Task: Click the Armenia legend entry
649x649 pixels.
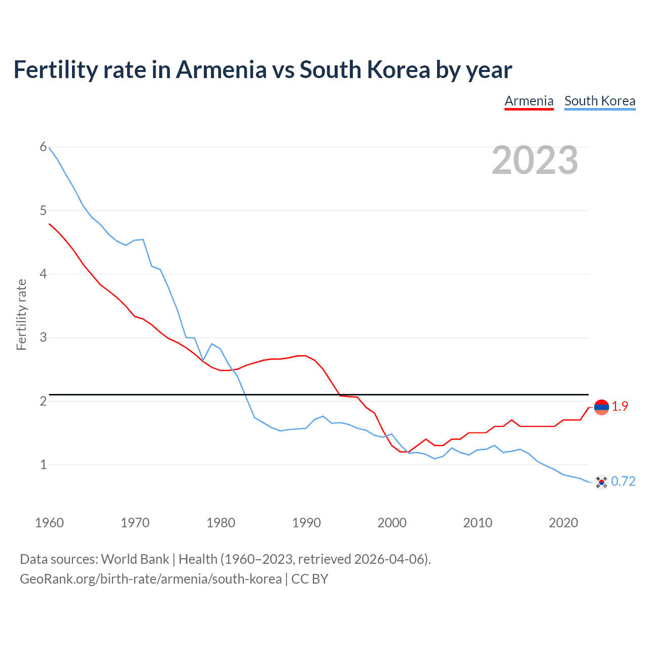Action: (529, 101)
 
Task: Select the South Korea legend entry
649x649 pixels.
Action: (600, 101)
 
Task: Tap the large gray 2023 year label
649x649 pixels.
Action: (535, 161)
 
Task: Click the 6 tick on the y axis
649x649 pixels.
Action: (43, 147)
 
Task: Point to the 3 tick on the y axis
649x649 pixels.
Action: (43, 337)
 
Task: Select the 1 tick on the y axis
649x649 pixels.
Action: (43, 464)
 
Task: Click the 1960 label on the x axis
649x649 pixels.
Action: (49, 523)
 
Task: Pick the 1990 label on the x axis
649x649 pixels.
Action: (306, 523)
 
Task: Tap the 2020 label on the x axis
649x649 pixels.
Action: (563, 523)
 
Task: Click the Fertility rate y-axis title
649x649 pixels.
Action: (21, 314)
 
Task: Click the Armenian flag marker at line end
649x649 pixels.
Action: (601, 407)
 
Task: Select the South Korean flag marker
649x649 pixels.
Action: (601, 482)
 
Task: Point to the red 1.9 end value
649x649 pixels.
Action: (620, 407)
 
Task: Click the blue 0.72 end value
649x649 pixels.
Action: (623, 482)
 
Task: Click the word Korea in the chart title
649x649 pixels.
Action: (399, 69)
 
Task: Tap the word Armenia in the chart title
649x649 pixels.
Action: (221, 69)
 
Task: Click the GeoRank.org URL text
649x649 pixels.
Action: (151, 579)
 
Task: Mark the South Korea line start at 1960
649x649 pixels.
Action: (49, 148)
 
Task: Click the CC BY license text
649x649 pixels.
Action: (310, 579)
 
